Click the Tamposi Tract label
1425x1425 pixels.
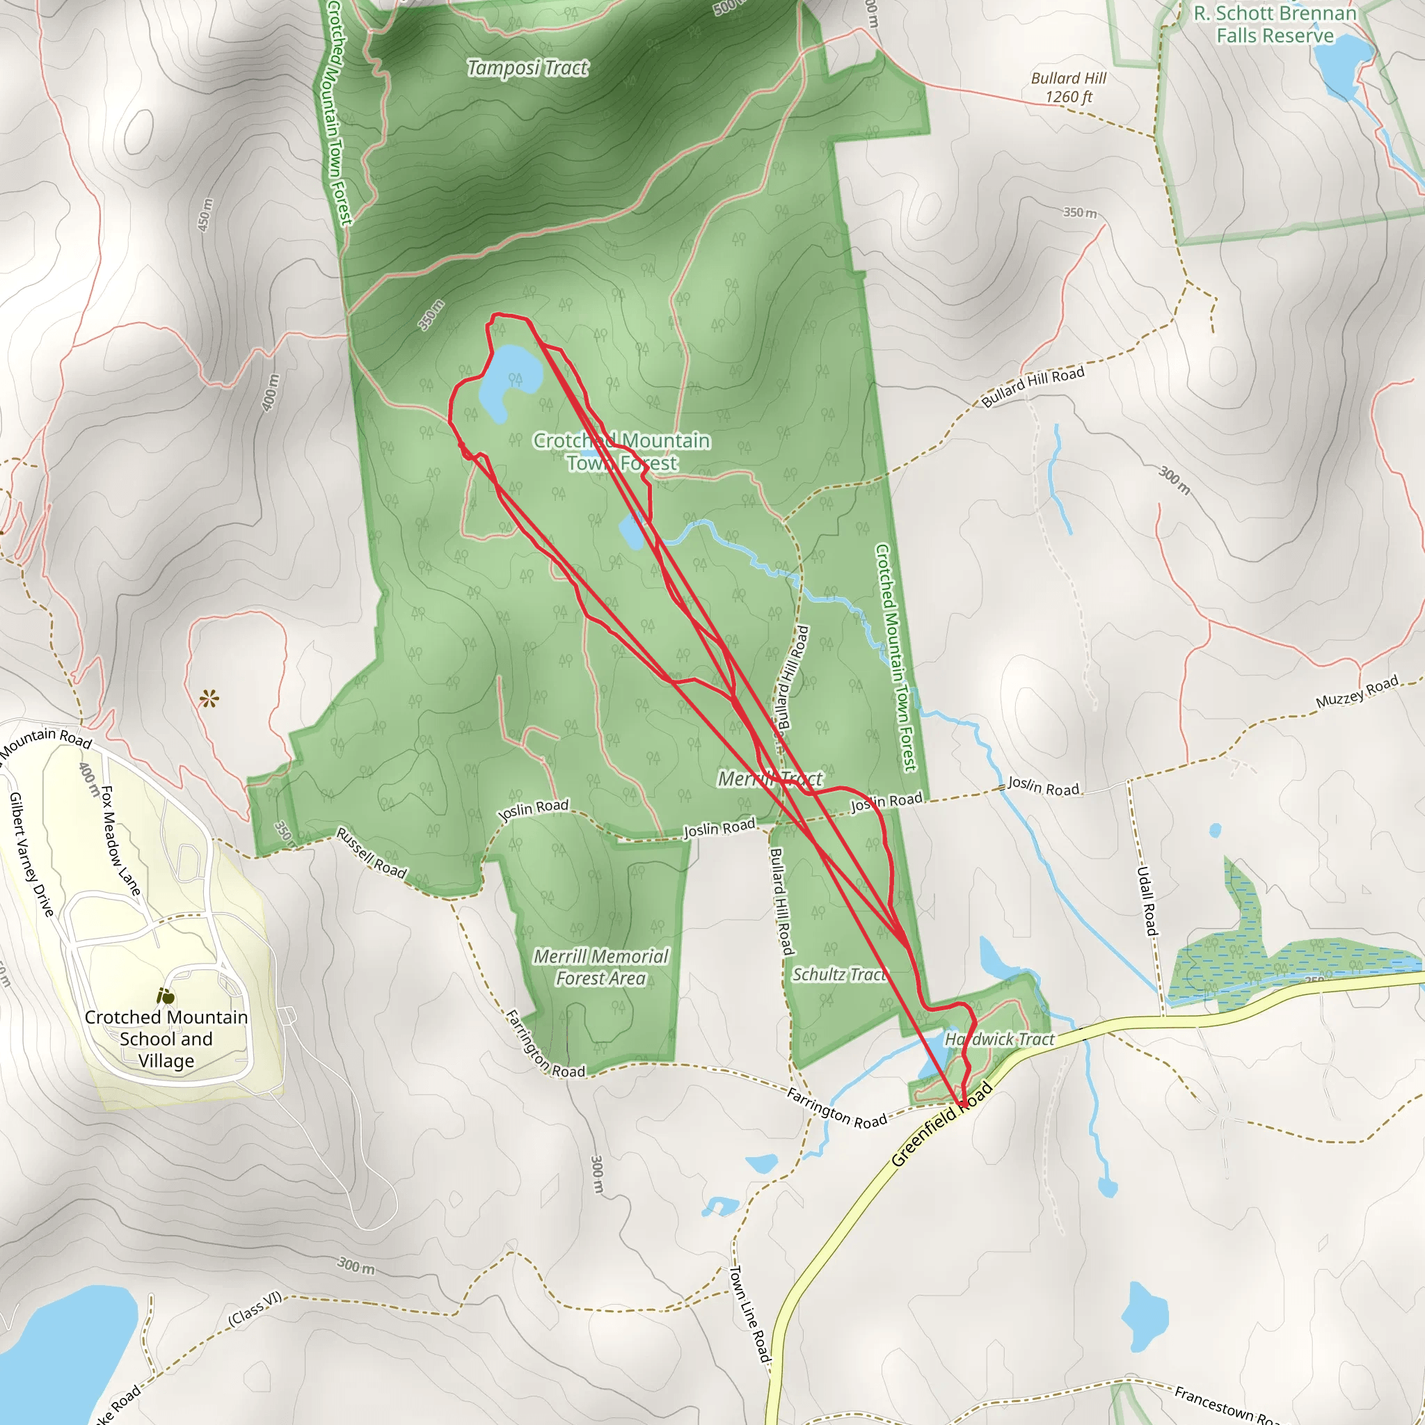click(x=528, y=69)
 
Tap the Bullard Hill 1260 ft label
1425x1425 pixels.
click(x=1069, y=88)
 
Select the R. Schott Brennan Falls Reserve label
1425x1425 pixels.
click(x=1275, y=24)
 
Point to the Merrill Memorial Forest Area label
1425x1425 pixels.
click(x=601, y=967)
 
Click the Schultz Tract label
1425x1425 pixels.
click(x=839, y=975)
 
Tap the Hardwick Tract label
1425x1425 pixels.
click(x=999, y=1040)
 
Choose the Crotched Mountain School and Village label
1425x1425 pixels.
click(x=166, y=1039)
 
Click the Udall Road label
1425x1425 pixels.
click(x=1145, y=900)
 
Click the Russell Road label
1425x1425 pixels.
click(x=371, y=852)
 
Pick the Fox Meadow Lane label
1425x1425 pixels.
click(x=120, y=841)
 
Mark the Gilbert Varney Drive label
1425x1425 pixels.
click(x=32, y=854)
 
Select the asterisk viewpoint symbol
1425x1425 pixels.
click(x=209, y=698)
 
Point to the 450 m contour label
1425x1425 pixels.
click(x=205, y=214)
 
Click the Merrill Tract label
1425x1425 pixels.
click(x=770, y=779)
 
